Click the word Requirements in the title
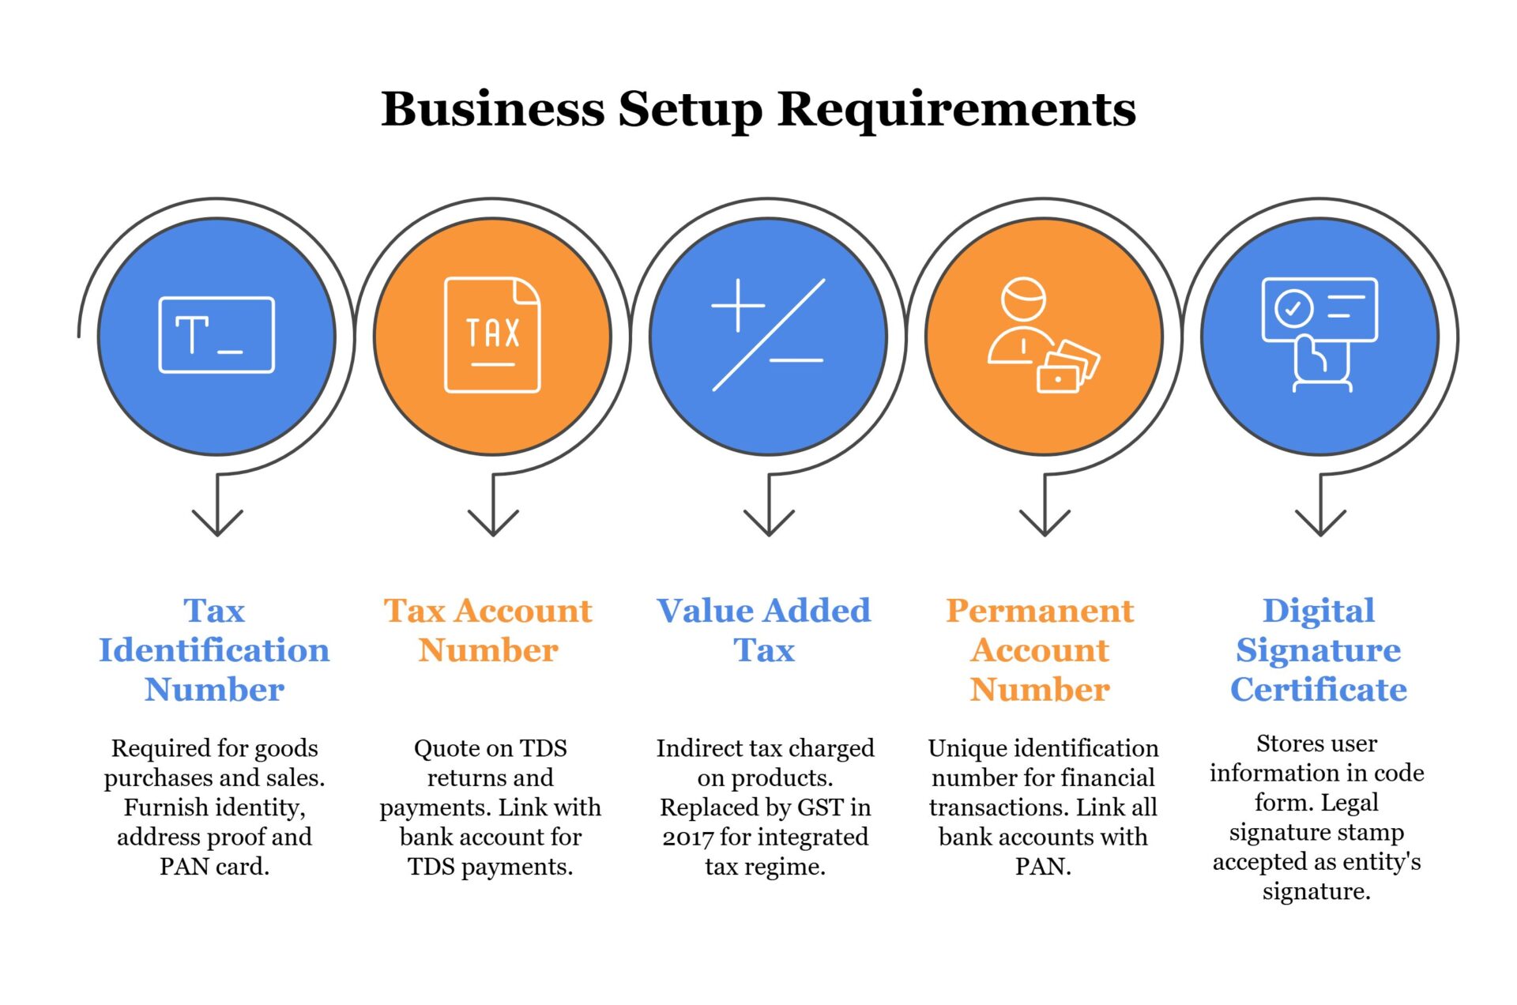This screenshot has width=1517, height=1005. click(956, 109)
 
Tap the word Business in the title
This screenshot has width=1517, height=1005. click(492, 109)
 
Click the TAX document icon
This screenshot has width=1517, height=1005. click(492, 335)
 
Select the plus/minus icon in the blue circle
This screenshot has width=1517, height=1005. click(768, 335)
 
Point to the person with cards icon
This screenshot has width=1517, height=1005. click(1043, 335)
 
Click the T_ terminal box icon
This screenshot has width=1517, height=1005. click(216, 335)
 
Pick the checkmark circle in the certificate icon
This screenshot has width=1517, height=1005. click(1293, 308)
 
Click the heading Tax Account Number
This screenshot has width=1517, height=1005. click(488, 630)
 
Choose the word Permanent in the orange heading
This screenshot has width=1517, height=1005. click(1040, 611)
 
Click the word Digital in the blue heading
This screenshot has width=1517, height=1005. click(1319, 611)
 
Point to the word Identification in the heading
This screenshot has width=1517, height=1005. click(214, 650)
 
